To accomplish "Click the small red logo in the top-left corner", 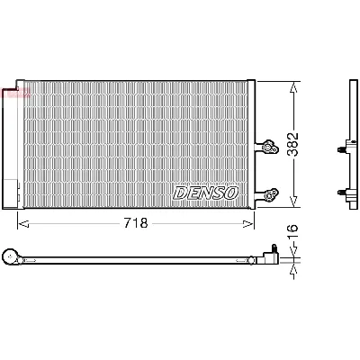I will [x=16, y=94].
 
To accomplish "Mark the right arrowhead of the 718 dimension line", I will [x=251, y=222].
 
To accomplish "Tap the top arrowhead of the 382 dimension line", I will [x=294, y=85].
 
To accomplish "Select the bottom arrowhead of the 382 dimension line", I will [x=294, y=204].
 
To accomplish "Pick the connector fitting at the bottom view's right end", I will [x=269, y=256].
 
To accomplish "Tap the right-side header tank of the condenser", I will [x=254, y=144].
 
